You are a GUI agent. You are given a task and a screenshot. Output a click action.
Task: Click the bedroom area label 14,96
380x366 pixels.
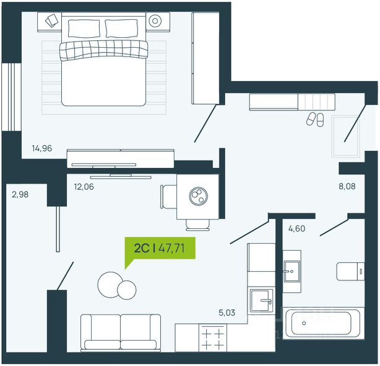coord(42,148)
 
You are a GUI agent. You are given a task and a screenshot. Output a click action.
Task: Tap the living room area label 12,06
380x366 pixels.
coord(84,187)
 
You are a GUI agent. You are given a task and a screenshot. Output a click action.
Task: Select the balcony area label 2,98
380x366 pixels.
coord(20,194)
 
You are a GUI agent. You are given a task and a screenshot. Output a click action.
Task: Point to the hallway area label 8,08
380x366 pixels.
coord(347,186)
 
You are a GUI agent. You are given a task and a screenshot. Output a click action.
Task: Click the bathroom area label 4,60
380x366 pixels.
coord(296,228)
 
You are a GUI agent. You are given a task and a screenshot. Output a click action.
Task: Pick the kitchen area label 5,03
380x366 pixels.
coord(227,313)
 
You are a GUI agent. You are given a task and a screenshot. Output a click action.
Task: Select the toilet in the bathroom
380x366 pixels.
coord(350,271)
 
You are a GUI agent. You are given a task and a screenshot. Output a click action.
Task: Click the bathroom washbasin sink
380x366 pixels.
coord(291,271)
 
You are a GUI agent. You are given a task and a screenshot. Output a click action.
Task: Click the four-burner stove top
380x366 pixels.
coord(213,338)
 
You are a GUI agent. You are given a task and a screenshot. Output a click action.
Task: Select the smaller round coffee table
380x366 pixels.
coord(126,290)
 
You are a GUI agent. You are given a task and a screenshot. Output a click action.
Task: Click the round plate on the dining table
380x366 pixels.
coord(199,196)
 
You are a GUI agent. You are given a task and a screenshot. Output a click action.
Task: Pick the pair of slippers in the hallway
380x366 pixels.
coord(315,119)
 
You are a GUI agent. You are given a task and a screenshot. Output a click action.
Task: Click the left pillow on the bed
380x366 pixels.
coord(84,29)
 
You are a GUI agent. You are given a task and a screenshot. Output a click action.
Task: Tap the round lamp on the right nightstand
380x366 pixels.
coord(155,21)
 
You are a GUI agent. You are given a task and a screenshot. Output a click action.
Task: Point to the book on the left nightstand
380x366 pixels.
coord(52,20)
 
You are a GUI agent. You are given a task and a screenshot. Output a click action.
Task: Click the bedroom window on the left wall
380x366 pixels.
coord(11,97)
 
